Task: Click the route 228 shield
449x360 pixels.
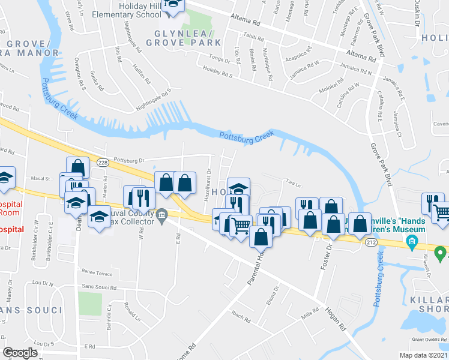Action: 103,163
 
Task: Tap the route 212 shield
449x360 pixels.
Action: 370,241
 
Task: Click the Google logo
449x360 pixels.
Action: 20,353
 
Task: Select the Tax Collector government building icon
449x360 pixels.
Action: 161,215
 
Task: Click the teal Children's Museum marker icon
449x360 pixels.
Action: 412,243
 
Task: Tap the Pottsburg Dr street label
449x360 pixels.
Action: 130,161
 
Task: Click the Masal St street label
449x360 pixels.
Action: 40,179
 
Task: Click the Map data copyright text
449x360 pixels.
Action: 424,355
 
